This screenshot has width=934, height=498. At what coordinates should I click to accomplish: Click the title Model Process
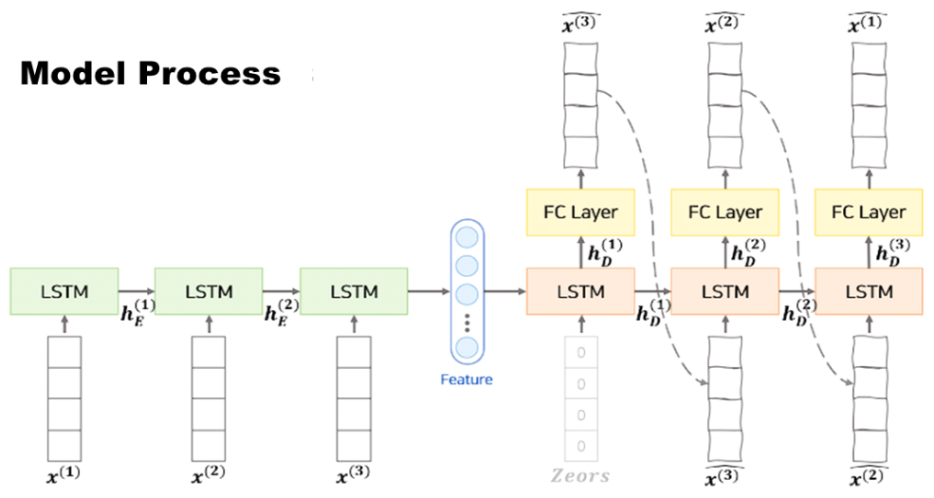tap(150, 73)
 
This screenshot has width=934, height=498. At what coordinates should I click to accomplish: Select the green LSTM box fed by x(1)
tap(64, 291)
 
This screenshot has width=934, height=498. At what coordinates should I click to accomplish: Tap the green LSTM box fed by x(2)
tap(209, 291)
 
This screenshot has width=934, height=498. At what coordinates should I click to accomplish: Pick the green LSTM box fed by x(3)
tap(354, 291)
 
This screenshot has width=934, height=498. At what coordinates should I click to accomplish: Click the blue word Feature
tap(467, 379)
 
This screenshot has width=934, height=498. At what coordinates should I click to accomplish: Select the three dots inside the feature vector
tap(467, 327)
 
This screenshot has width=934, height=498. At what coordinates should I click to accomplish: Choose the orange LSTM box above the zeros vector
tap(580, 291)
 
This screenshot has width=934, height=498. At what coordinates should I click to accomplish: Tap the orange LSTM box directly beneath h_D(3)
tap(869, 291)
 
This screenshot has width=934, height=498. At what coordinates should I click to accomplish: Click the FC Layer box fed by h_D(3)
tap(869, 212)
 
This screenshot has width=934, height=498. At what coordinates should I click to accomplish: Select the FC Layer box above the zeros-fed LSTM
tap(580, 212)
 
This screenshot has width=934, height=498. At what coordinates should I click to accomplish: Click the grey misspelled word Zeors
tap(580, 475)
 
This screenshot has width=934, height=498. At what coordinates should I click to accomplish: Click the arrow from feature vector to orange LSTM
tap(504, 291)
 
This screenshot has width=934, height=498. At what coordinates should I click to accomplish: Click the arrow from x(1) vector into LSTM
tap(64, 325)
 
